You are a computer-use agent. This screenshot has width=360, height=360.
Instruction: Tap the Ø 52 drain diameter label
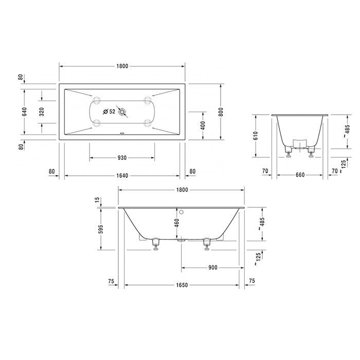click(x=109, y=112)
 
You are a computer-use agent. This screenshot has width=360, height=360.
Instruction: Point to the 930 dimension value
click(x=122, y=157)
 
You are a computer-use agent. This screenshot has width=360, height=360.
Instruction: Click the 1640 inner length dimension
click(x=122, y=176)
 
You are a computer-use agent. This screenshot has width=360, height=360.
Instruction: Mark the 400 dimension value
click(x=203, y=124)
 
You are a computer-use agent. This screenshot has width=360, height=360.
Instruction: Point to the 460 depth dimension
click(x=176, y=223)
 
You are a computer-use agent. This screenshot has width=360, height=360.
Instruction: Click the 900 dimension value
click(x=213, y=267)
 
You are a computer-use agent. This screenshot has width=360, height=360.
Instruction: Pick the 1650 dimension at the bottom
click(x=180, y=284)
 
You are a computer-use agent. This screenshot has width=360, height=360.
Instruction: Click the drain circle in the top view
click(x=122, y=112)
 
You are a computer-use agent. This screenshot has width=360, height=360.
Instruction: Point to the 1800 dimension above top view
click(x=122, y=66)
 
